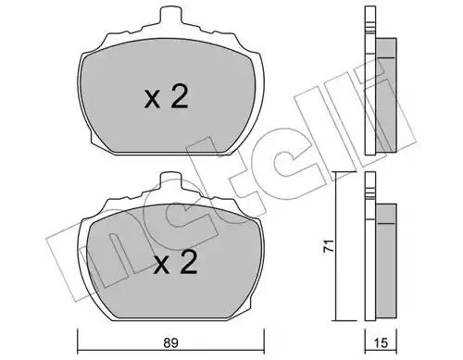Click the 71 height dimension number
click(329, 246)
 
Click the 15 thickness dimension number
click(382, 342)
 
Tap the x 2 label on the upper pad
click(166, 97)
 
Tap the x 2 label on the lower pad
click(175, 262)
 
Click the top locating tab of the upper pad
click(170, 14)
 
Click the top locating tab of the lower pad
click(170, 180)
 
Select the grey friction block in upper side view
click(386, 95)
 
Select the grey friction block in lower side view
click(386, 262)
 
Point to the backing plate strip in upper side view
click(370, 81)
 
